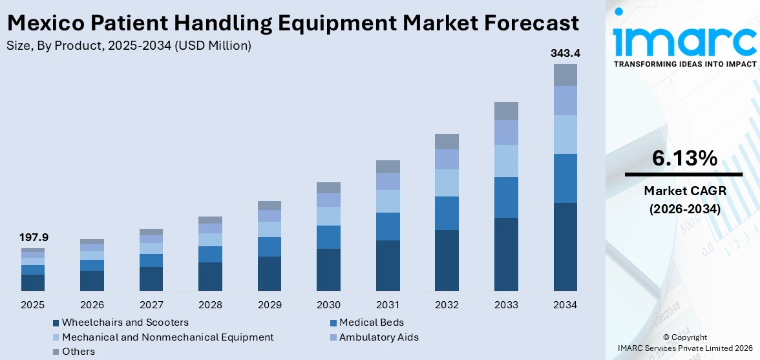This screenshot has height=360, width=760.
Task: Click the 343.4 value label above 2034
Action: point(565,54)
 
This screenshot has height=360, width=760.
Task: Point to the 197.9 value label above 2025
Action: point(34,238)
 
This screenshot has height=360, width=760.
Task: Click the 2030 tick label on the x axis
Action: point(328,304)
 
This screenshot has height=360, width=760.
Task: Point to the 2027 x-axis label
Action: point(151,304)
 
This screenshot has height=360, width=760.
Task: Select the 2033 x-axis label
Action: point(506,304)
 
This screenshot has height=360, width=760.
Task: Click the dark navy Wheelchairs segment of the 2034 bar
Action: point(565,247)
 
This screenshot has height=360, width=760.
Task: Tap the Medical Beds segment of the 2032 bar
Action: point(447,213)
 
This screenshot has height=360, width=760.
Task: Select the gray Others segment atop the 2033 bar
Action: point(506,111)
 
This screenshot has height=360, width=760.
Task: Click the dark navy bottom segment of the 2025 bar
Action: point(34,282)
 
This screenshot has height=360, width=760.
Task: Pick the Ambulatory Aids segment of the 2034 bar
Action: point(565,100)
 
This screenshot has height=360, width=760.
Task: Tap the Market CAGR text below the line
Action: point(684,191)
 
